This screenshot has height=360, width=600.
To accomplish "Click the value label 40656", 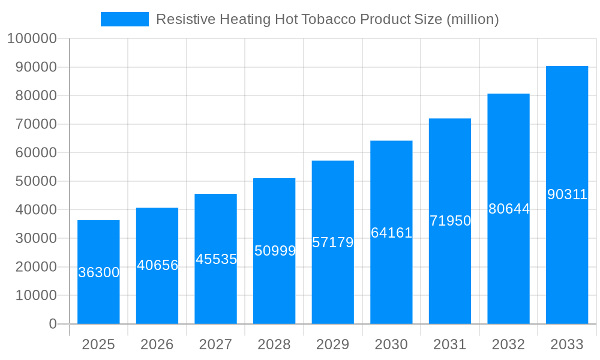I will [x=157, y=265].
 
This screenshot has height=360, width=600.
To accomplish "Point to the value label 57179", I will [x=332, y=243].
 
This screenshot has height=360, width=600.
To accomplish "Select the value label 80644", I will [x=509, y=209].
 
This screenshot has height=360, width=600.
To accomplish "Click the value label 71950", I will [x=450, y=221].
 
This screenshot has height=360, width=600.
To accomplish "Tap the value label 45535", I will [x=216, y=259].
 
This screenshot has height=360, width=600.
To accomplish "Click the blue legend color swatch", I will [x=124, y=19].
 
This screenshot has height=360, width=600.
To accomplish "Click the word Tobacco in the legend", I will [x=332, y=19].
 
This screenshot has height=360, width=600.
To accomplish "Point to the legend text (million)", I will [x=472, y=19].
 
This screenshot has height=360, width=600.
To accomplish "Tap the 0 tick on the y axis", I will [x=53, y=324].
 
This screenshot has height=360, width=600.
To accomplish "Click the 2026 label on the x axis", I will [x=157, y=344].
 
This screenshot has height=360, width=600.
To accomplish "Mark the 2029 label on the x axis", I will [x=332, y=344].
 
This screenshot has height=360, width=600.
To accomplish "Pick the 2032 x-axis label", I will [x=508, y=344].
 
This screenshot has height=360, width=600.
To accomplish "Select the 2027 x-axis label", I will [x=215, y=344].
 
